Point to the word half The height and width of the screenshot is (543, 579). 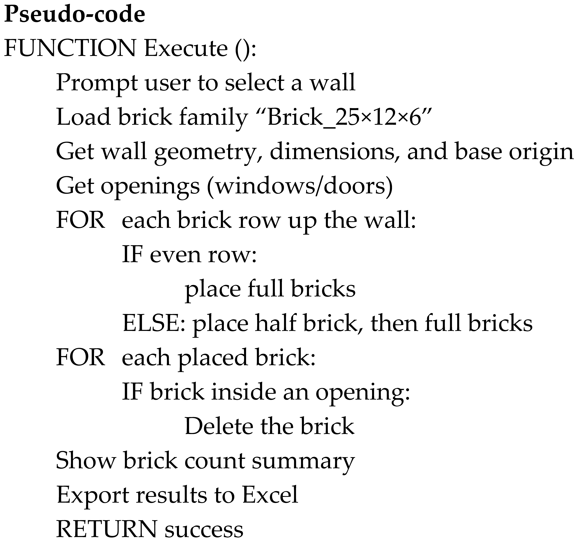(275, 323)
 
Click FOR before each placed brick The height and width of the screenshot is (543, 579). (80, 357)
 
